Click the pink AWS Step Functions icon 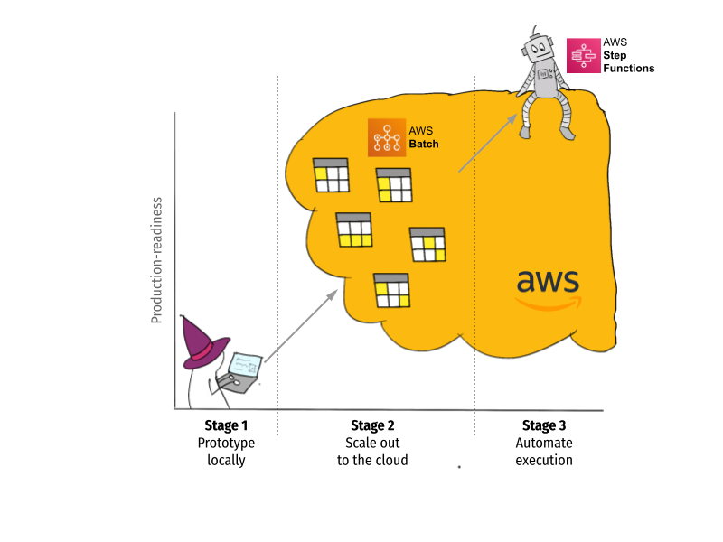[583, 55]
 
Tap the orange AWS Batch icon [387, 137]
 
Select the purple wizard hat [202, 343]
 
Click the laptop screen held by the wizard [245, 365]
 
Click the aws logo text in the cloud [548, 281]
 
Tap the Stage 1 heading [226, 425]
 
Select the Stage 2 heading [372, 425]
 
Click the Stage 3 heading [544, 425]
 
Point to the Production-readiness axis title [157, 260]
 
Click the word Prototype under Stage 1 [226, 444]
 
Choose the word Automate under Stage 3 [544, 443]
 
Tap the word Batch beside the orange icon [424, 144]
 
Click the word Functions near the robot [629, 69]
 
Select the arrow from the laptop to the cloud [301, 326]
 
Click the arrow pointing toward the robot [488, 143]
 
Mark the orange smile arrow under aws [549, 304]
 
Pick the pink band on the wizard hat [203, 351]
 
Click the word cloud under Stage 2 [390, 460]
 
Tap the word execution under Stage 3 [544, 460]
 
